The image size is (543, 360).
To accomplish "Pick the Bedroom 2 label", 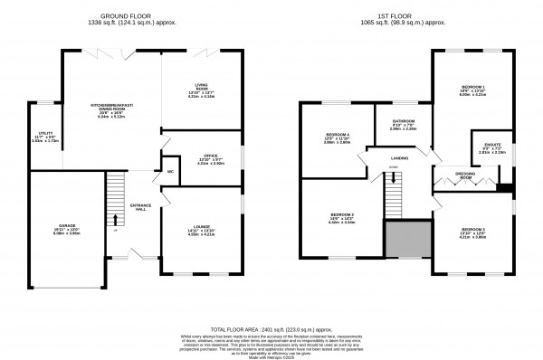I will (x=340, y=216).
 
